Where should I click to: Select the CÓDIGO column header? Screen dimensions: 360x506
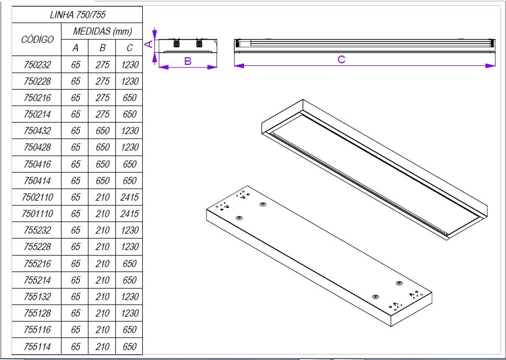(37, 39)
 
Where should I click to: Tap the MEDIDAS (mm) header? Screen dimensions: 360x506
(103, 31)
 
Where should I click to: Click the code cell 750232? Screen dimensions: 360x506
(37, 65)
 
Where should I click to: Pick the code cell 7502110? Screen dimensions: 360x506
(37, 197)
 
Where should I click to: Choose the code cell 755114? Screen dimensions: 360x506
(37, 346)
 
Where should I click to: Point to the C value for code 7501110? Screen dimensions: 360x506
(130, 214)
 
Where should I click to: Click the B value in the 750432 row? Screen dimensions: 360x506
(103, 131)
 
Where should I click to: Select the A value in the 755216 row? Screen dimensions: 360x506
(76, 264)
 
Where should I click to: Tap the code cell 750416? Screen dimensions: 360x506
(37, 164)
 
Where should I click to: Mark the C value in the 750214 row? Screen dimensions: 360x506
(130, 114)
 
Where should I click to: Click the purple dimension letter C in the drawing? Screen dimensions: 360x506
(341, 59)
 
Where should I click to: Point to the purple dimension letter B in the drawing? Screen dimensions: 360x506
(187, 61)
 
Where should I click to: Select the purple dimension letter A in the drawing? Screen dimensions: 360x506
(148, 44)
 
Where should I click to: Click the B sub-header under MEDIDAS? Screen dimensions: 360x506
(103, 48)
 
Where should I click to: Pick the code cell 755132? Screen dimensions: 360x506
(37, 297)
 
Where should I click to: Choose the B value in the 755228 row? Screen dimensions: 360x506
(103, 247)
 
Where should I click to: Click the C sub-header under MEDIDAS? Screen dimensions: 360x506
(130, 48)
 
